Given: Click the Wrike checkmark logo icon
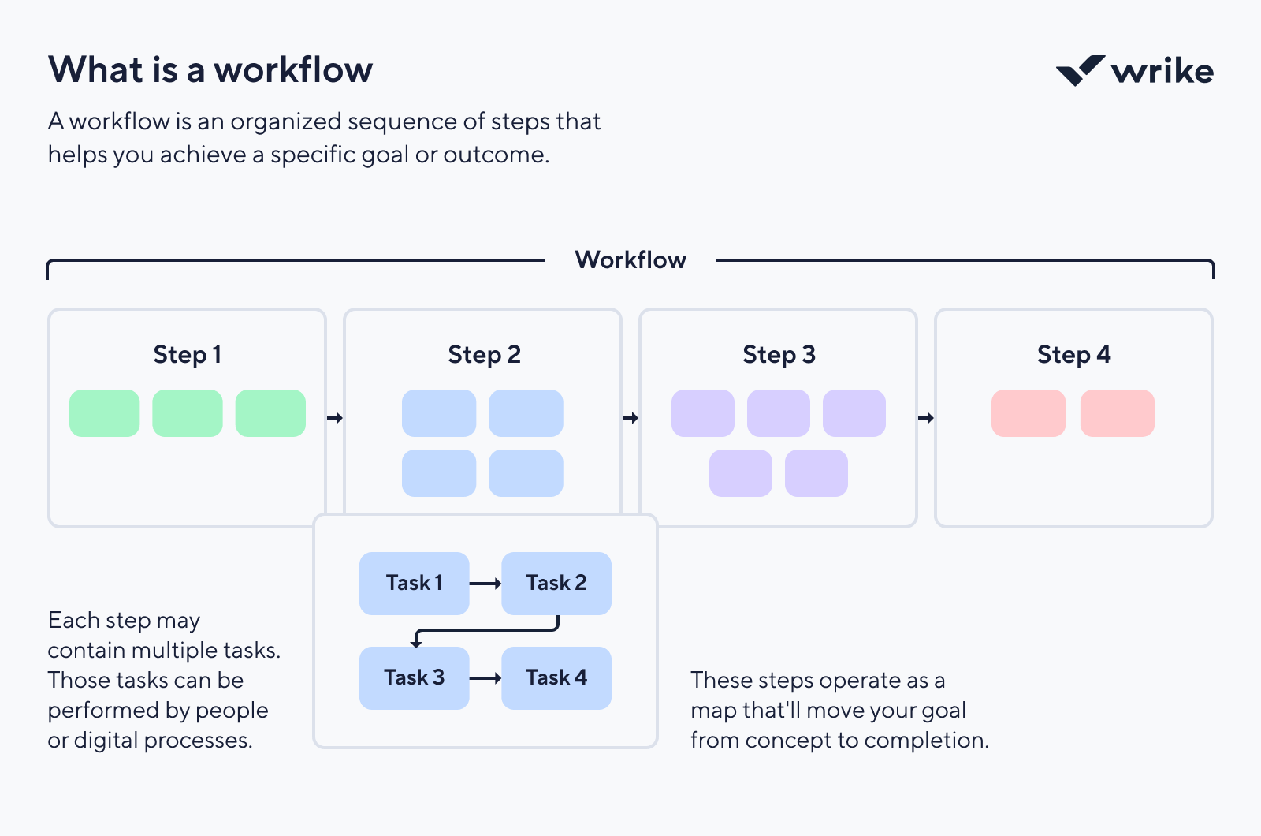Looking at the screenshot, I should coord(1079,71).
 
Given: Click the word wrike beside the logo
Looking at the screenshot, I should coord(1162,71).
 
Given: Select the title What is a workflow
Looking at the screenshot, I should coord(210,69).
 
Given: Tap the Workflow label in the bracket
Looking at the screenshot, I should coord(630,259).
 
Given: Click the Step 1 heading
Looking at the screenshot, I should coord(187,355).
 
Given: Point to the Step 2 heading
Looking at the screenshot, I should coord(484,355).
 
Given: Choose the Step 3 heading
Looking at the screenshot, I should coord(779,355).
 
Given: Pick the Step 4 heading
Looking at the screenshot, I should coord(1073,355).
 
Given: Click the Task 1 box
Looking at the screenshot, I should coord(415,584).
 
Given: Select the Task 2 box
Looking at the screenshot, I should coord(556,584).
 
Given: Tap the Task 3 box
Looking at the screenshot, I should coord(415,678).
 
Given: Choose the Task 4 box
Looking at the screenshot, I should coord(556,678).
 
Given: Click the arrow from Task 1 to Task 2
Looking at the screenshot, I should coord(485,584).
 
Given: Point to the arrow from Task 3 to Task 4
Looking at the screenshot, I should coord(485,678).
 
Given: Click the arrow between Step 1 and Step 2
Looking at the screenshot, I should coord(335,417).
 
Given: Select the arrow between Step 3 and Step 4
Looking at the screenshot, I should coord(926,417).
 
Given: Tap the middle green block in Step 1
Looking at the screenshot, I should coord(188,412).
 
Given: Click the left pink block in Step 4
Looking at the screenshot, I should coord(1029,412).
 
